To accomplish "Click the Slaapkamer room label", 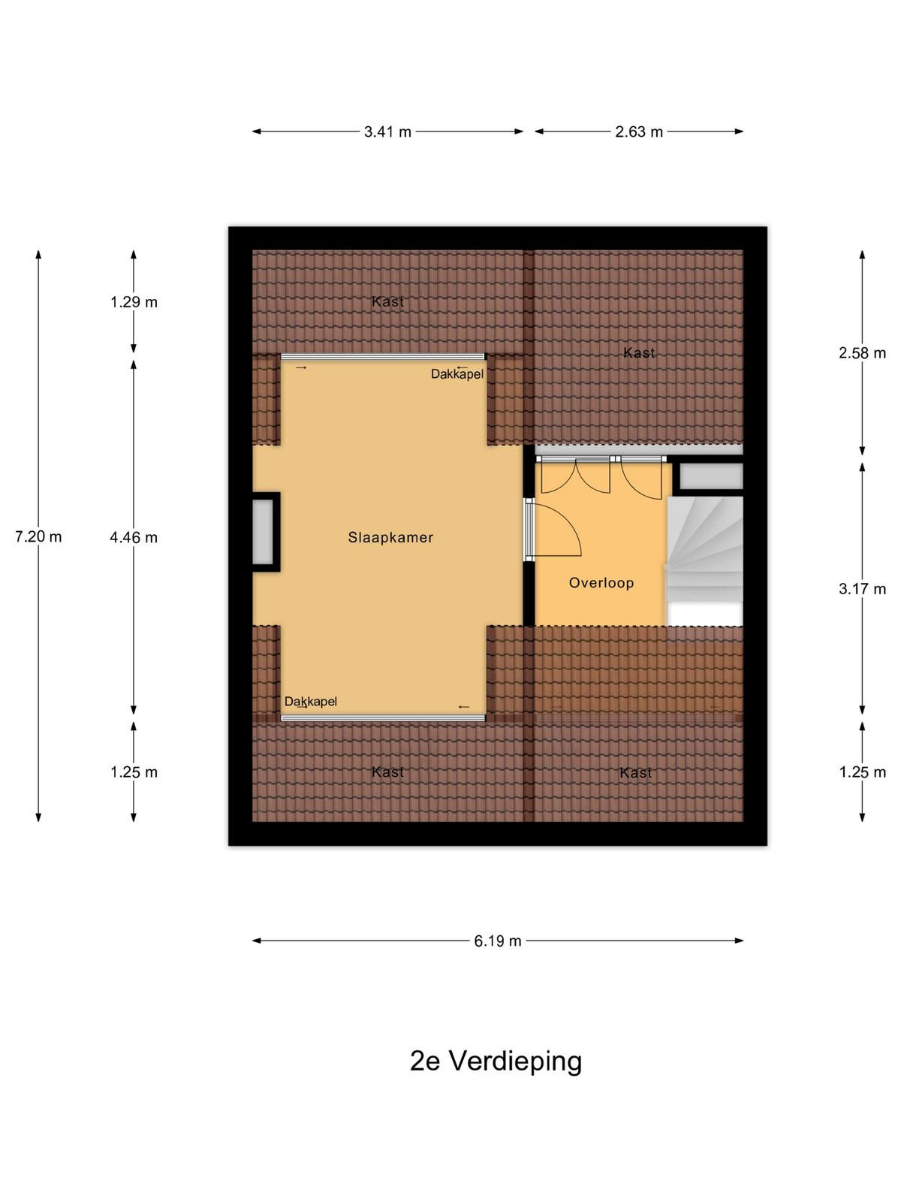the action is click(x=390, y=537).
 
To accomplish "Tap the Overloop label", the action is click(x=601, y=583).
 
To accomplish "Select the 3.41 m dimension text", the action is click(x=387, y=132).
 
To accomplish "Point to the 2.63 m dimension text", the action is click(x=639, y=132).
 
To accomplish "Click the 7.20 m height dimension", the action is click(x=38, y=536).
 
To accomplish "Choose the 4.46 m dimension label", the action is click(x=134, y=538).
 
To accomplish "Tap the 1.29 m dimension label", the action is click(x=134, y=302).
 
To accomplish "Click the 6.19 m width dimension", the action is click(x=498, y=941).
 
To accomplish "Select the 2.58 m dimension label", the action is click(x=862, y=353).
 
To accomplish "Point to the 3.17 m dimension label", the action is click(x=862, y=589).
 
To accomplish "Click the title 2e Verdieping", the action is click(x=496, y=1061).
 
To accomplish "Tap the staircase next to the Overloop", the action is click(x=704, y=561).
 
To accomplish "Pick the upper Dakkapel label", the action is click(x=457, y=374).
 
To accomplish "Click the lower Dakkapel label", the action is click(x=311, y=702).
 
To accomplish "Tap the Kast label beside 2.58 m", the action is click(x=639, y=353).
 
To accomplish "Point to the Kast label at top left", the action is click(x=388, y=301).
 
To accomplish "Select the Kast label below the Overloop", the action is click(x=636, y=773).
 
